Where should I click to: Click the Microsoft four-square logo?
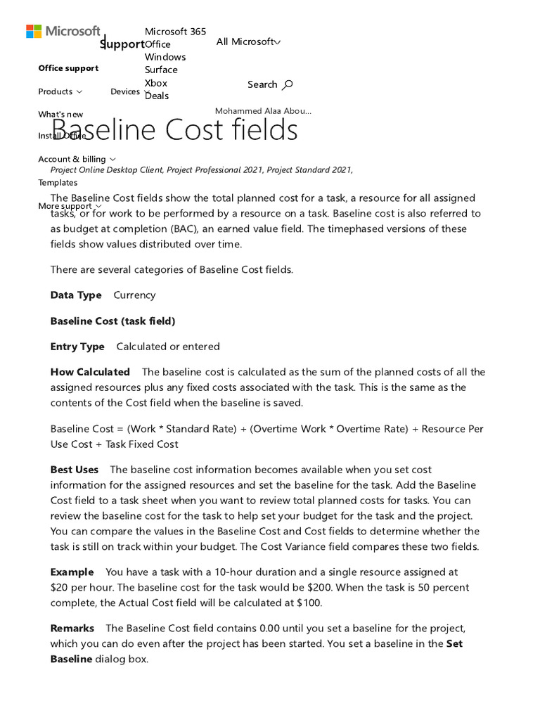(x=33, y=32)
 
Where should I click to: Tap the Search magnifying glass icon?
(x=287, y=85)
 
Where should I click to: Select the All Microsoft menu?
(x=248, y=42)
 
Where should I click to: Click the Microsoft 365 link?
(x=175, y=32)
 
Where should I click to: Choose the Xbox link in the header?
(x=155, y=83)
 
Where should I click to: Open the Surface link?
(x=161, y=70)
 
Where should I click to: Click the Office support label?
(x=68, y=68)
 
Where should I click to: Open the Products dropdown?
(x=60, y=91)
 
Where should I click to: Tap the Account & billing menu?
(x=77, y=160)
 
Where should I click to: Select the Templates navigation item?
(x=58, y=183)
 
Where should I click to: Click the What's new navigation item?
(x=60, y=115)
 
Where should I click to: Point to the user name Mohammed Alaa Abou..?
(x=263, y=111)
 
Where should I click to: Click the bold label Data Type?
(x=76, y=295)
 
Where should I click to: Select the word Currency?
(x=134, y=295)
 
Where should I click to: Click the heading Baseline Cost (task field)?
(x=112, y=321)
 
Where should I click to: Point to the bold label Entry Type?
(x=77, y=347)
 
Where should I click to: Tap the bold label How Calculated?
(x=90, y=372)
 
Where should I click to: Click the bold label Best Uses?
(x=75, y=470)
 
